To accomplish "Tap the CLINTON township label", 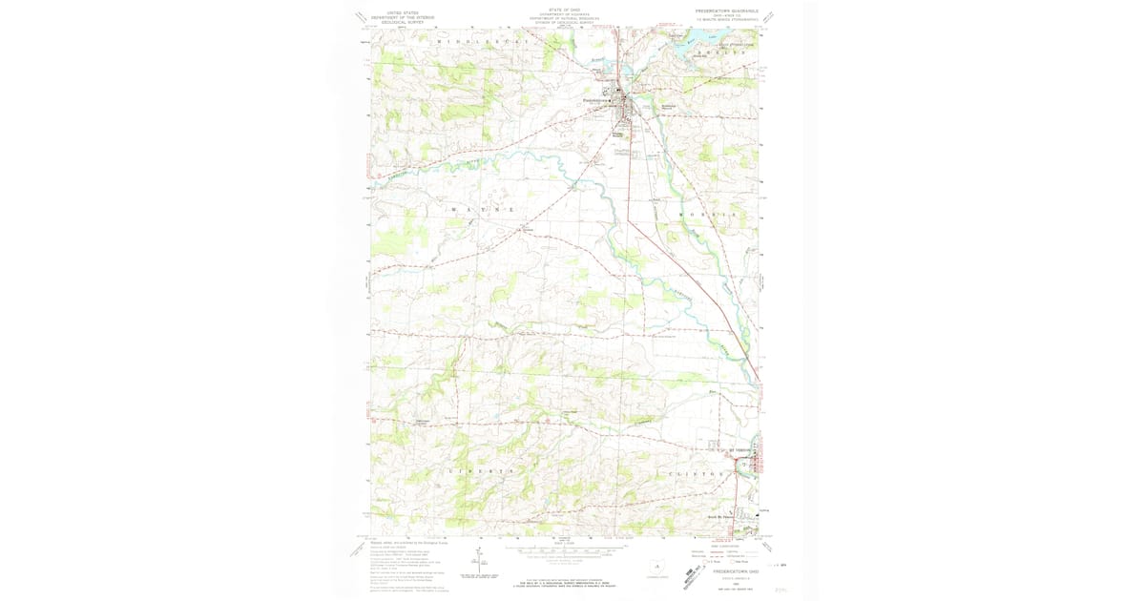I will click(690, 473).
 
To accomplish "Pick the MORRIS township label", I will click(709, 216).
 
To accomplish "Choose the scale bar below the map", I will click(563, 552).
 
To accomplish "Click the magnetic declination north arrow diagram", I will click(478, 562).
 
